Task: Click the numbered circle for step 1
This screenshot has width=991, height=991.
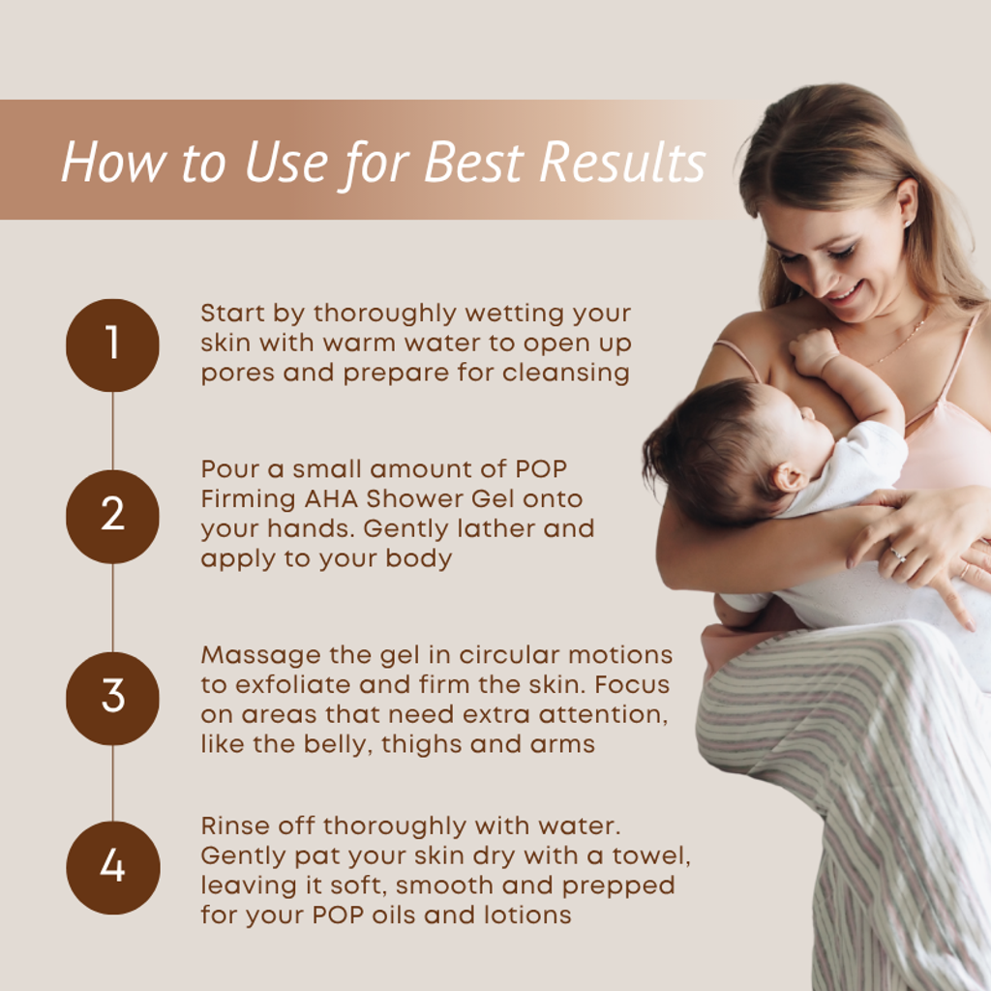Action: point(112,345)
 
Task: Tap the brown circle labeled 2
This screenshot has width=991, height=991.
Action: point(112,517)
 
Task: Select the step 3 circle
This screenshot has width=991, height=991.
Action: point(112,699)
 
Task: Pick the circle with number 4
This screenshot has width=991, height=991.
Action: point(112,868)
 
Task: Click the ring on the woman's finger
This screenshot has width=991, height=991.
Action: point(897,555)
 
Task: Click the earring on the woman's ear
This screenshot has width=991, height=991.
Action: point(907,224)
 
